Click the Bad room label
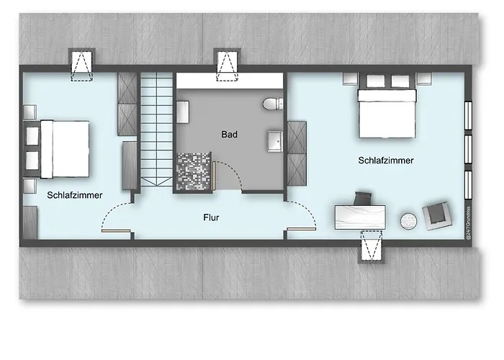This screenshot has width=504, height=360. pos(229,134)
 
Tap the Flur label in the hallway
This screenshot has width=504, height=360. pos(211,217)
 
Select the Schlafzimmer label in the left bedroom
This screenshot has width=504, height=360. pos(75,195)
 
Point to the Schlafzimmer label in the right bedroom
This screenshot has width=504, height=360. pos(385,161)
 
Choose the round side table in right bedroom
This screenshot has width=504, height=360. pos(410,220)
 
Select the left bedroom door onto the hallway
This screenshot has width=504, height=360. pos(115,220)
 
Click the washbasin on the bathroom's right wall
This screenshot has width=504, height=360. pos(274,141)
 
